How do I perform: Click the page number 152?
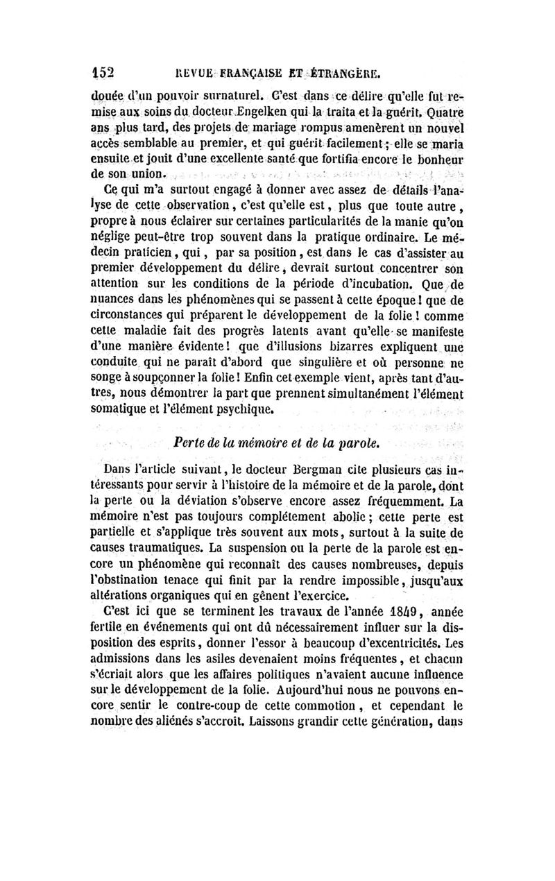(103, 73)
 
